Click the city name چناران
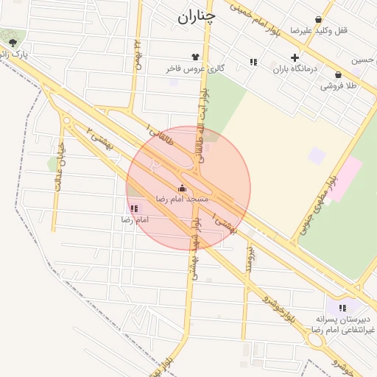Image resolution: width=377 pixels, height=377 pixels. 197,16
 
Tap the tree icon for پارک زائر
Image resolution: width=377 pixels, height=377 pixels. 13,43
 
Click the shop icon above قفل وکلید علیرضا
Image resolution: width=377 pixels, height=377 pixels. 318,20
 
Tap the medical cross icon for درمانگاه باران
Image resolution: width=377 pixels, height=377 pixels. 295,57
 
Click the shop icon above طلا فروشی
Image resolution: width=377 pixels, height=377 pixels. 338,74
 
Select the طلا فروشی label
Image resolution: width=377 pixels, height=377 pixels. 338,85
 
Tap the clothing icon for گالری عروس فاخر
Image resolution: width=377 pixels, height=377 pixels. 195,56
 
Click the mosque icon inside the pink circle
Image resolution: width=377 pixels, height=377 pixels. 182,188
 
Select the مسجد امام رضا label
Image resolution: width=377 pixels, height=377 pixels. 182,199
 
